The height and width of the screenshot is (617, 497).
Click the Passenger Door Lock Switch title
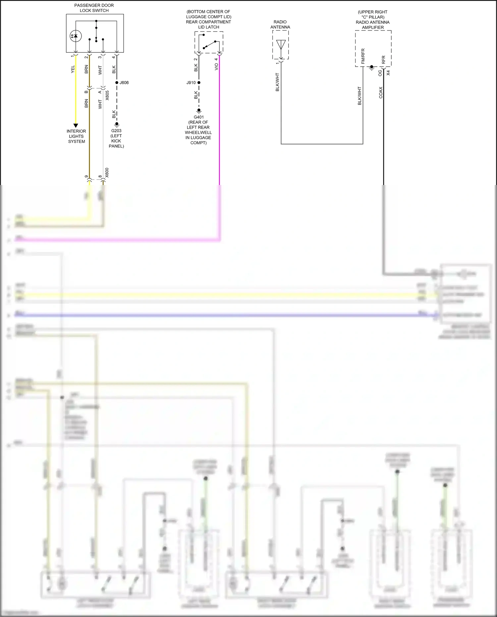(x=94, y=8)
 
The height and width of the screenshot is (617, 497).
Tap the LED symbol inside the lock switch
(x=76, y=36)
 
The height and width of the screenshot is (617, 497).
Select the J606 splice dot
(x=117, y=83)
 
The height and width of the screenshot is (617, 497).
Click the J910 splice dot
(x=199, y=83)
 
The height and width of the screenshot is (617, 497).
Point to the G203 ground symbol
(x=117, y=125)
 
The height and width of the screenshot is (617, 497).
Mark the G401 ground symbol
(x=199, y=111)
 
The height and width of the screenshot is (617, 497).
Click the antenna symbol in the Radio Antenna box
(x=281, y=44)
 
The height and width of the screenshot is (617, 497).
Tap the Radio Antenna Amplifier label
(x=373, y=25)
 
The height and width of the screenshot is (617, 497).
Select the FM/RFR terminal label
(x=363, y=56)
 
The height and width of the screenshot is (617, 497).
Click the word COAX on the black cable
(x=381, y=93)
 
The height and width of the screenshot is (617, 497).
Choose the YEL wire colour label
(x=73, y=69)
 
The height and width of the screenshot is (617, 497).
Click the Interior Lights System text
(x=76, y=136)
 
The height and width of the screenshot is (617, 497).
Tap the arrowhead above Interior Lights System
(x=76, y=126)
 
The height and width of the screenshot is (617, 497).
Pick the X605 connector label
(x=107, y=95)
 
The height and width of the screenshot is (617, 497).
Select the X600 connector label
(x=107, y=173)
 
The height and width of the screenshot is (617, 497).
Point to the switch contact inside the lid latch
(x=209, y=45)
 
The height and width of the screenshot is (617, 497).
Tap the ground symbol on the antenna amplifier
(x=372, y=68)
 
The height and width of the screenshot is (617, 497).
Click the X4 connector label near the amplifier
(x=388, y=73)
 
